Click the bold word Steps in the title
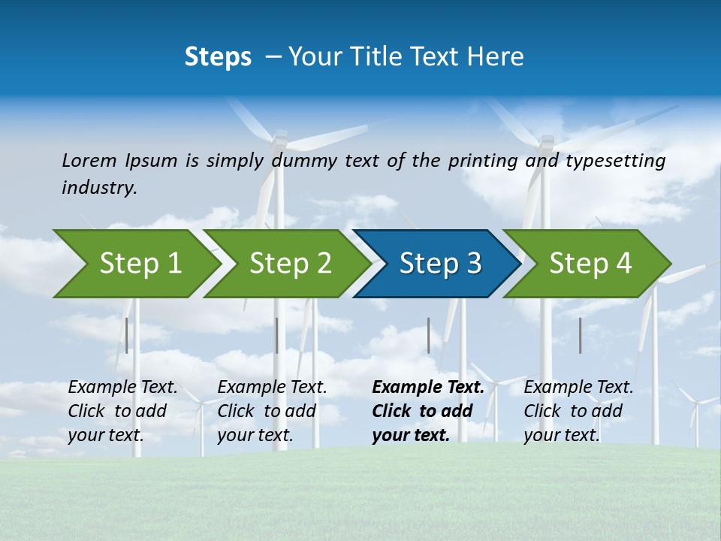tap(218, 57)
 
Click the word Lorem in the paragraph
tap(89, 160)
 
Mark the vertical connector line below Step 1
tap(127, 335)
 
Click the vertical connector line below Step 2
tap(277, 335)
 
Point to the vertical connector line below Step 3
tap(429, 335)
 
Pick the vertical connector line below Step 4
tap(581, 335)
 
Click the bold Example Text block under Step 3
tap(428, 411)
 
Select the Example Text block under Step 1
tap(122, 411)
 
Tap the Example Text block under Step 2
tap(272, 411)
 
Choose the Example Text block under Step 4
tap(578, 411)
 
